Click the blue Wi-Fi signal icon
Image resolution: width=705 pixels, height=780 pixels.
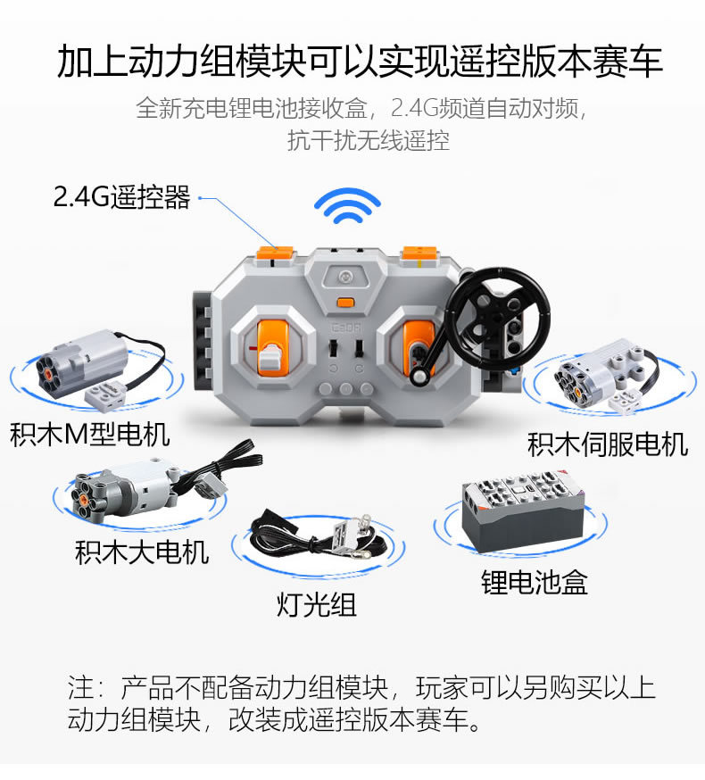(x=347, y=205)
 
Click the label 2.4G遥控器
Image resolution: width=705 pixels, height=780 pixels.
(x=122, y=196)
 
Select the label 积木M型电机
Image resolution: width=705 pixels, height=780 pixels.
(x=90, y=435)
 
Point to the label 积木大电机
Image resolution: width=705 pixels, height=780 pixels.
(x=142, y=552)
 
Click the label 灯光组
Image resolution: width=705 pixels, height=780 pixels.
(x=317, y=605)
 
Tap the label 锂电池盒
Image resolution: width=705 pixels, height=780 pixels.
(x=534, y=582)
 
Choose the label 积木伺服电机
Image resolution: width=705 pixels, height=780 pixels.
(x=608, y=444)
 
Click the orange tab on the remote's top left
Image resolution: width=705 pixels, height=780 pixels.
(x=275, y=253)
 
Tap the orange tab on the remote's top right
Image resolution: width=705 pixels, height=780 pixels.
(x=420, y=253)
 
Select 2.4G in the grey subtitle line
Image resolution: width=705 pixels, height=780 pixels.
(x=414, y=108)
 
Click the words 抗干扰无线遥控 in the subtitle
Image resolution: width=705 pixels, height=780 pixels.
(x=369, y=140)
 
